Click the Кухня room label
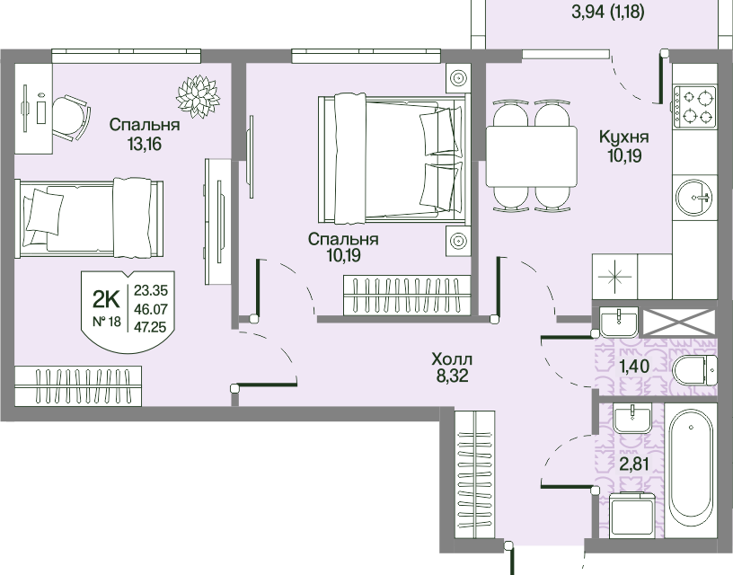(624, 137)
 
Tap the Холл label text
(452, 359)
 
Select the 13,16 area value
(145, 144)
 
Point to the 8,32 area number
(452, 376)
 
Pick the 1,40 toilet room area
(634, 366)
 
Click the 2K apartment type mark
(107, 299)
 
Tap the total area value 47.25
(150, 327)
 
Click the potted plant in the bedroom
(198, 96)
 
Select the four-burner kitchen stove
(694, 107)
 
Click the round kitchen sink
(695, 198)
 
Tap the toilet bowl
(694, 371)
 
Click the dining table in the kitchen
(531, 156)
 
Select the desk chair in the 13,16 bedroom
(71, 118)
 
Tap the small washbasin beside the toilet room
(619, 322)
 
